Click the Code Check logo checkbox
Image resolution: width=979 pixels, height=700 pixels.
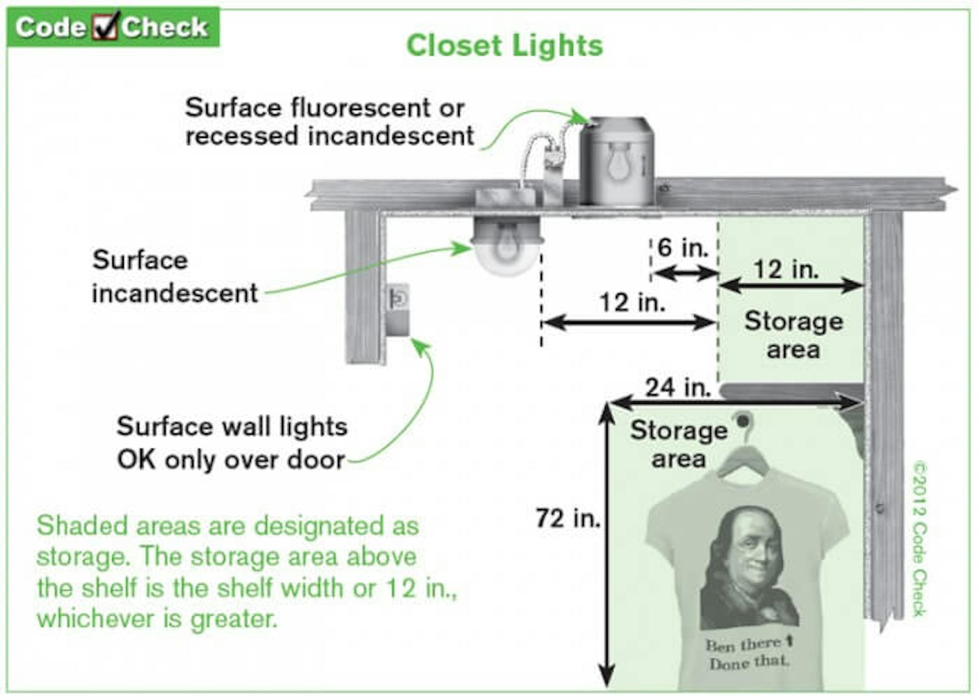(106, 27)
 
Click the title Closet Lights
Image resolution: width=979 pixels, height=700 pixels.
(504, 45)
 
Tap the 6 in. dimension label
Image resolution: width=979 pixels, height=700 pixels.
(683, 248)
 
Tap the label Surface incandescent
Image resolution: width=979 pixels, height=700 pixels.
(174, 277)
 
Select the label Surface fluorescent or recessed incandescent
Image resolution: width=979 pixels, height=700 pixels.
(329, 122)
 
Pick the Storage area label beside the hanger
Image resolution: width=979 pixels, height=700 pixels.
(679, 444)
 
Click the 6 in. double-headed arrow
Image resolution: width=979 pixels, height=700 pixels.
(685, 273)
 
